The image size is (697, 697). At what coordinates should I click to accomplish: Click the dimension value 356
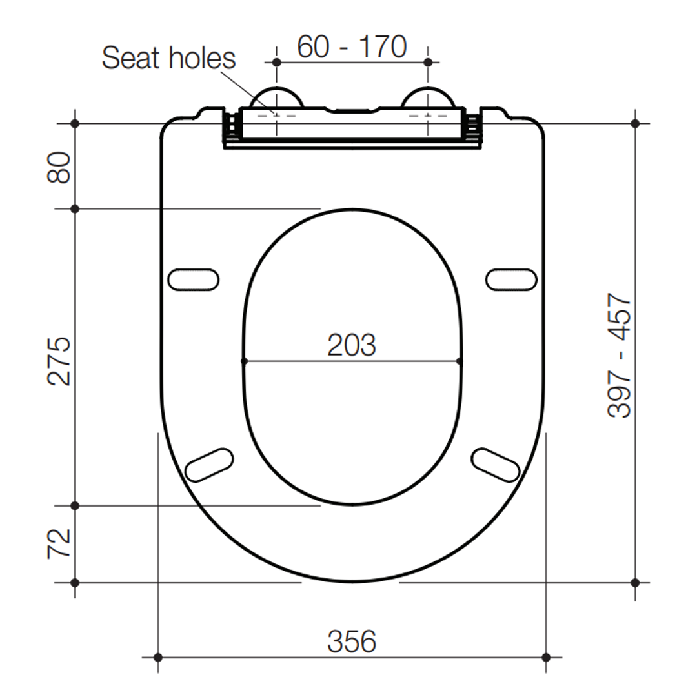[351, 641]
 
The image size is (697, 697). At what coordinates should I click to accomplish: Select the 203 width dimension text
[351, 345]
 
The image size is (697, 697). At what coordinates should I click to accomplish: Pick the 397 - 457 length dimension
[620, 356]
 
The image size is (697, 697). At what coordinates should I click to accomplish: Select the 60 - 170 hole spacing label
[352, 46]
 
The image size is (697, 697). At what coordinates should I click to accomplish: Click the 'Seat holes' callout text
[168, 58]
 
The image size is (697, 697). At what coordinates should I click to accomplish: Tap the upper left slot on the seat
[193, 279]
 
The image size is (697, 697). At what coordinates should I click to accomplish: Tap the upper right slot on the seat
[511, 279]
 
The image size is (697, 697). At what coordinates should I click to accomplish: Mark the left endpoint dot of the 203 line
[244, 361]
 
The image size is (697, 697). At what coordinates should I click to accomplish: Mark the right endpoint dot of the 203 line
[460, 361]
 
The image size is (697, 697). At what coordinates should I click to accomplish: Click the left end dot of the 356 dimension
[158, 657]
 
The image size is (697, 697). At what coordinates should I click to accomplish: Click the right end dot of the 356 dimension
[546, 657]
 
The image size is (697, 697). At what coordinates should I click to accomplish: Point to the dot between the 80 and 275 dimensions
[75, 208]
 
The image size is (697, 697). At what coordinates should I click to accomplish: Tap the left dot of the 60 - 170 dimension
[276, 63]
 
